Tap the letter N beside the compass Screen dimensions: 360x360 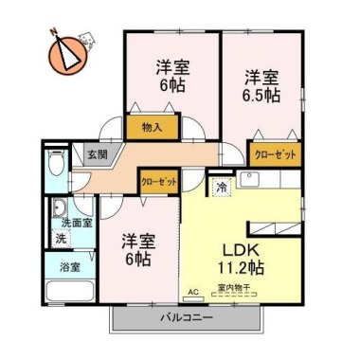tap(54, 30)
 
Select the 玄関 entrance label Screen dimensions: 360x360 tap(98, 153)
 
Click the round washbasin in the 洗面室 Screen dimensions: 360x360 tap(59, 210)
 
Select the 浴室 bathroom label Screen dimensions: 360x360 tap(68, 266)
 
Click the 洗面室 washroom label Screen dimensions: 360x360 tap(78, 222)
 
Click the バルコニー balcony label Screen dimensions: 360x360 tap(186, 318)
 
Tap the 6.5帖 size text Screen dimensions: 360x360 tap(260, 95)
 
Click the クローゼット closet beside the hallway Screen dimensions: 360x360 tap(158, 180)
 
